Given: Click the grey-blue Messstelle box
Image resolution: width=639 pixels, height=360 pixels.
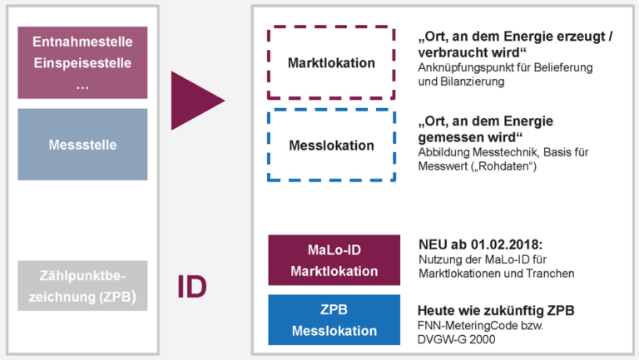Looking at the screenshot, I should pyautogui.click(x=82, y=145).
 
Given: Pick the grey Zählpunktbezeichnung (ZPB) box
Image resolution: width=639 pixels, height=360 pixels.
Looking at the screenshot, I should pyautogui.click(x=82, y=285).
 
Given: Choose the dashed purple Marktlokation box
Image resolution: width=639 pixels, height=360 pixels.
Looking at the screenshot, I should pyautogui.click(x=330, y=63).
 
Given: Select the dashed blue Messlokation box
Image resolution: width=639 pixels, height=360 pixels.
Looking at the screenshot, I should pyautogui.click(x=330, y=145).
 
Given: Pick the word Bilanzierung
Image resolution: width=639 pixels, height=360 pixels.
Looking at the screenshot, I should pyautogui.click(x=470, y=82).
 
